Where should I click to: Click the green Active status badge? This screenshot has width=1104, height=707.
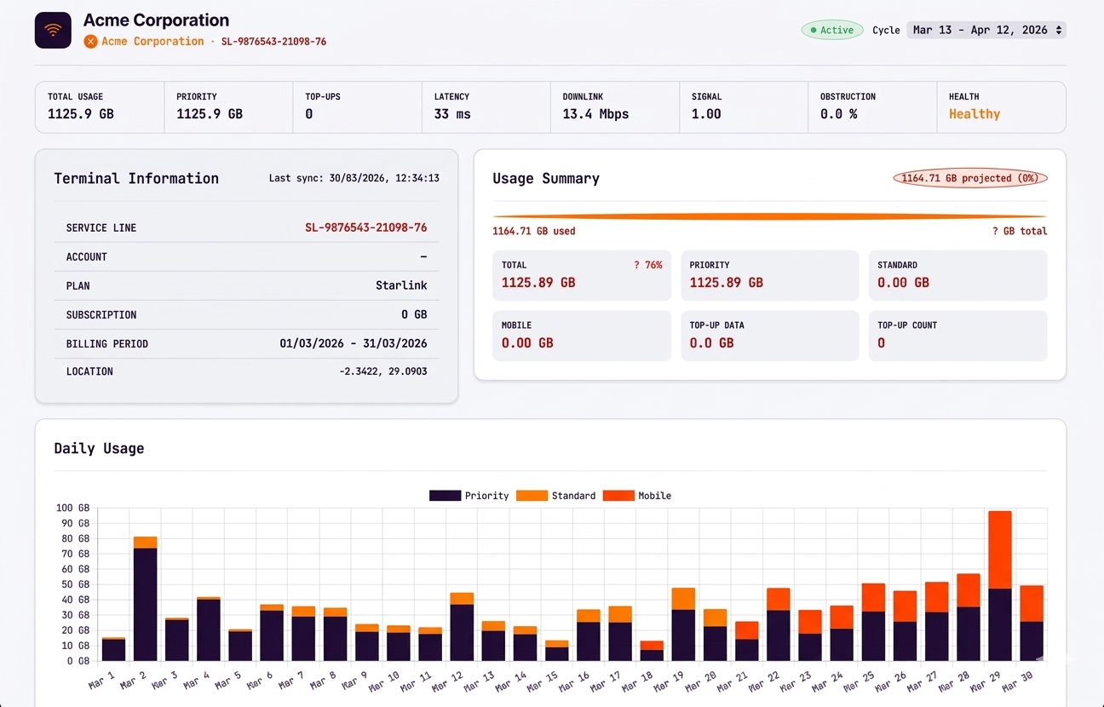tap(832, 30)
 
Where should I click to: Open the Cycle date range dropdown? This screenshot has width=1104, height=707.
tap(986, 30)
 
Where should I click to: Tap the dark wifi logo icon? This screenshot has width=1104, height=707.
tap(53, 30)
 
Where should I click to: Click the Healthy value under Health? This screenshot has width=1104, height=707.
tap(975, 114)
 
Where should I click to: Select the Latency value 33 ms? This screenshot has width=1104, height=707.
tap(452, 114)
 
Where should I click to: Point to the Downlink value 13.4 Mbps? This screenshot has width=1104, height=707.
tap(595, 114)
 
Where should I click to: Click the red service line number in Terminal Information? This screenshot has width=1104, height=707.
tap(365, 227)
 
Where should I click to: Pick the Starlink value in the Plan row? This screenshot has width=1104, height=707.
tap(401, 285)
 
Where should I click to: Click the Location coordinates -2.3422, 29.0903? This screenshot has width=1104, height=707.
tap(383, 371)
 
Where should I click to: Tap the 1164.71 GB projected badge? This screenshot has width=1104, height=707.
tap(970, 178)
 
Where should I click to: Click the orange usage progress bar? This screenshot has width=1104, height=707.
tap(770, 216)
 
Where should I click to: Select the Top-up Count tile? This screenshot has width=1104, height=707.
tap(957, 336)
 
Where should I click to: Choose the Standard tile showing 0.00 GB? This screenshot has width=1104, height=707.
tap(957, 275)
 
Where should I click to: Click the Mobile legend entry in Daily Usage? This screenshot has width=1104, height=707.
tap(637, 496)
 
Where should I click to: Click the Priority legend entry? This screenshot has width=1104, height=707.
tap(469, 496)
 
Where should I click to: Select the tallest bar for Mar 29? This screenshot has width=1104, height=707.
tap(999, 586)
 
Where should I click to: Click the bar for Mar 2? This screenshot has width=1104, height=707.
tap(146, 599)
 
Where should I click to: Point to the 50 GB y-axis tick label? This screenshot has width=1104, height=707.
tap(73, 584)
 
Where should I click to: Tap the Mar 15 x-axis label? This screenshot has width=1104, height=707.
tap(543, 681)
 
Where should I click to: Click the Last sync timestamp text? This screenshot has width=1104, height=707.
tap(354, 178)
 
